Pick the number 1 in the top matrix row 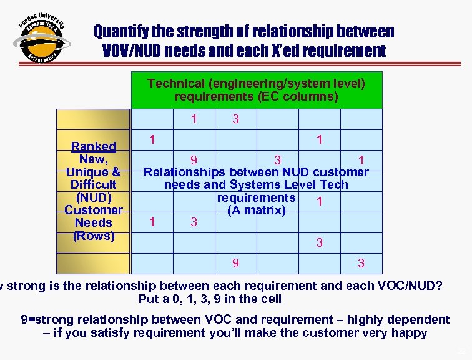194,119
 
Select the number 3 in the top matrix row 235,119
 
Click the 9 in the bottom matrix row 235,264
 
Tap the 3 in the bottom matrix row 361,264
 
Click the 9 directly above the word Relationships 194,161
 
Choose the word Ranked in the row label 93,146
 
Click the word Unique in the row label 88,172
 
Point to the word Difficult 93,184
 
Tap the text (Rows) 93,236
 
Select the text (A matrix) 257,210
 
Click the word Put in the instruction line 149,299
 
